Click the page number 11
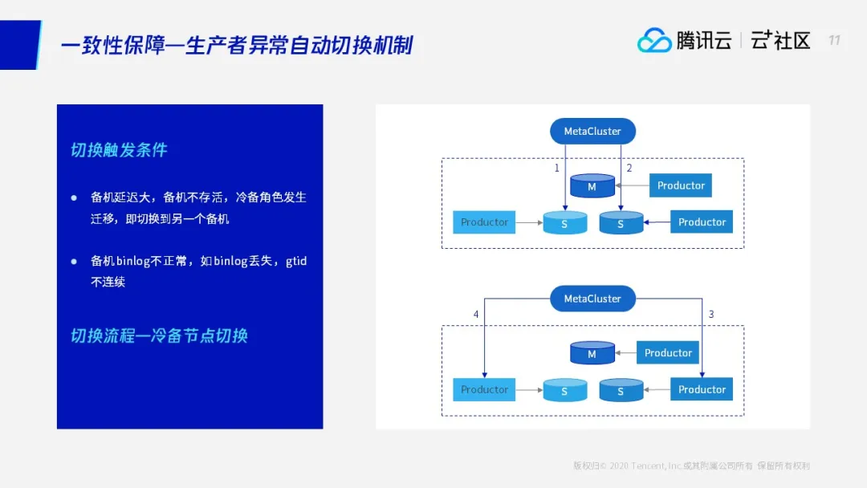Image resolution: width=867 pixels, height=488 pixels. click(834, 40)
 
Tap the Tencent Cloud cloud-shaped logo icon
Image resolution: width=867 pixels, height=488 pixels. click(654, 40)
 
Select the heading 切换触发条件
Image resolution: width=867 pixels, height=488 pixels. click(119, 150)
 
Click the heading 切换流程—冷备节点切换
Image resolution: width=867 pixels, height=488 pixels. click(159, 335)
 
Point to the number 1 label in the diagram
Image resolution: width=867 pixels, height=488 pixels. click(556, 169)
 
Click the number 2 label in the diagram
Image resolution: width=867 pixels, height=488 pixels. click(629, 169)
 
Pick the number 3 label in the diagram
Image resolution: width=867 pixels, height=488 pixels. click(710, 315)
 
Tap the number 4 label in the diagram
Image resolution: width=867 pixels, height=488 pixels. click(476, 315)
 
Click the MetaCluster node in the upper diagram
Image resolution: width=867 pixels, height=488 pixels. click(592, 132)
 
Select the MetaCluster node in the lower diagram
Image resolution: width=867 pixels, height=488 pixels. click(592, 299)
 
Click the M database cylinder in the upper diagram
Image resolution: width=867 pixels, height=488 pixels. click(592, 186)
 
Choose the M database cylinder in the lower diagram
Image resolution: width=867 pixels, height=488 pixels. click(592, 353)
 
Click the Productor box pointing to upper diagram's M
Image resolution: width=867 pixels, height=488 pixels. click(681, 185)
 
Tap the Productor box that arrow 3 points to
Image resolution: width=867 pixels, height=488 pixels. click(702, 389)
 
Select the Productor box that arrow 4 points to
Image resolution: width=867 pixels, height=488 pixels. click(484, 389)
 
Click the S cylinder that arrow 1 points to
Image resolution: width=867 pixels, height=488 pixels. click(564, 222)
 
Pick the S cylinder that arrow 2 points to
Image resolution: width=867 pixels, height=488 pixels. click(621, 222)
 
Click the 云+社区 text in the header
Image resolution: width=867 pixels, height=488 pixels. click(780, 40)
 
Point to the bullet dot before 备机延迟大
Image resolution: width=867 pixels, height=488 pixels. click(74, 197)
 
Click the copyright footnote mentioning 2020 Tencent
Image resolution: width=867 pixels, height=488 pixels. click(691, 466)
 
